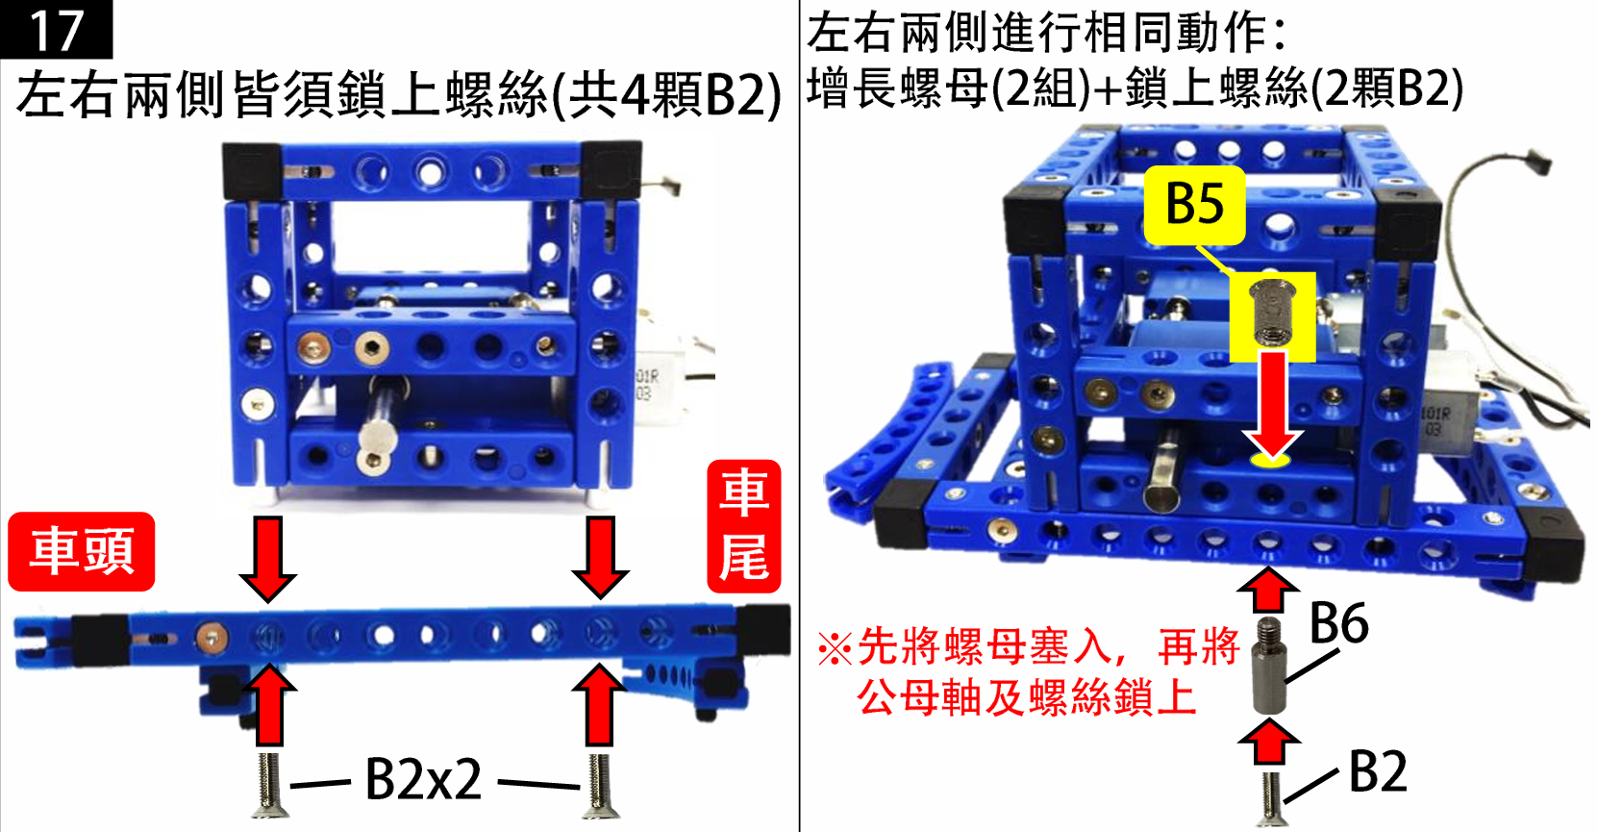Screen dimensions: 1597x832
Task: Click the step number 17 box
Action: point(56,29)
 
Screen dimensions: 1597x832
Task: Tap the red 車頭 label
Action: point(82,551)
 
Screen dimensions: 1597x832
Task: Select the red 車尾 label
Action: point(743,526)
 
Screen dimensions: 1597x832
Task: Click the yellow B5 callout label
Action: point(1195,205)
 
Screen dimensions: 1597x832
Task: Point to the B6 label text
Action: point(1339,623)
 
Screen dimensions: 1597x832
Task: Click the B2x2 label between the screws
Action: point(423,779)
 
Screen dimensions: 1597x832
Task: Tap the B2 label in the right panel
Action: point(1378,771)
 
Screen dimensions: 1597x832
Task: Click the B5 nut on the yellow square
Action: point(1273,313)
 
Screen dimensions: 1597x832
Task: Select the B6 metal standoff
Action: point(1270,666)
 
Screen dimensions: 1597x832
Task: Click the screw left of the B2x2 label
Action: point(269,785)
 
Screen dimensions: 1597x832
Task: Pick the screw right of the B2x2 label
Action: point(599,785)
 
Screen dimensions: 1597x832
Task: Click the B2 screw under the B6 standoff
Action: point(1271,799)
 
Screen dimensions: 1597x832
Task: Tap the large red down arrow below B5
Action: point(1273,404)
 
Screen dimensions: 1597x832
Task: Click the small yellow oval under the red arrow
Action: point(1270,461)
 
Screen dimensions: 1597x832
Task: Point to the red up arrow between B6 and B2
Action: point(1270,742)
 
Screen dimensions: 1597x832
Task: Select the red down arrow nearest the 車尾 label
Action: point(600,558)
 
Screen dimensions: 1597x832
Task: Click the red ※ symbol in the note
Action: point(835,648)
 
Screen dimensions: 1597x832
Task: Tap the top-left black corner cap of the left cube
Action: point(252,171)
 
